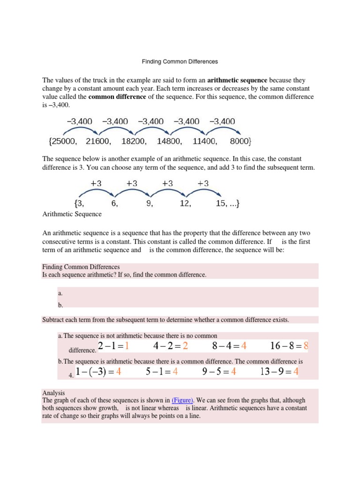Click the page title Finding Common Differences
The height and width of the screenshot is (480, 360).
pos(180,61)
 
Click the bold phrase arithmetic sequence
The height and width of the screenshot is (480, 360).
pos(237,80)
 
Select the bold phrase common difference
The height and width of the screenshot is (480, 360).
pos(117,97)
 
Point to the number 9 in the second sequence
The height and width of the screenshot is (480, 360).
pos(150,204)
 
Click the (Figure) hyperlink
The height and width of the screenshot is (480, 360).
pos(182,400)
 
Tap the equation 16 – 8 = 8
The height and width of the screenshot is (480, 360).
pos(289,346)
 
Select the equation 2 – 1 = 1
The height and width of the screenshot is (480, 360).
pos(113,346)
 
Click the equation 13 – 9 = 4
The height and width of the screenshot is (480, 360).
pos(279,372)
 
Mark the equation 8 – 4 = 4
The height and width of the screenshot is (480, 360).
pos(229,346)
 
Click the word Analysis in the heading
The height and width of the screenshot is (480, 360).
pos(53,393)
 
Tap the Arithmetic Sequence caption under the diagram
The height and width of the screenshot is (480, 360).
pos(72,214)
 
